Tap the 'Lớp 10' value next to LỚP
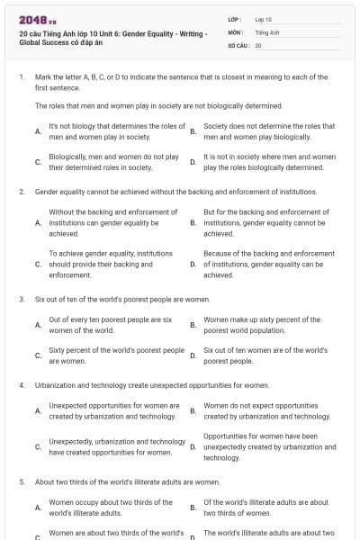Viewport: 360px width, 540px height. point(264,19)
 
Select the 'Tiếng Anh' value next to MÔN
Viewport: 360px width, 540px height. point(266,31)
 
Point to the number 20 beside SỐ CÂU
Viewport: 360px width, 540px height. point(258,44)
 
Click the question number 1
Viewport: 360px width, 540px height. point(21,77)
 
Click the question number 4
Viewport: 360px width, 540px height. point(21,385)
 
